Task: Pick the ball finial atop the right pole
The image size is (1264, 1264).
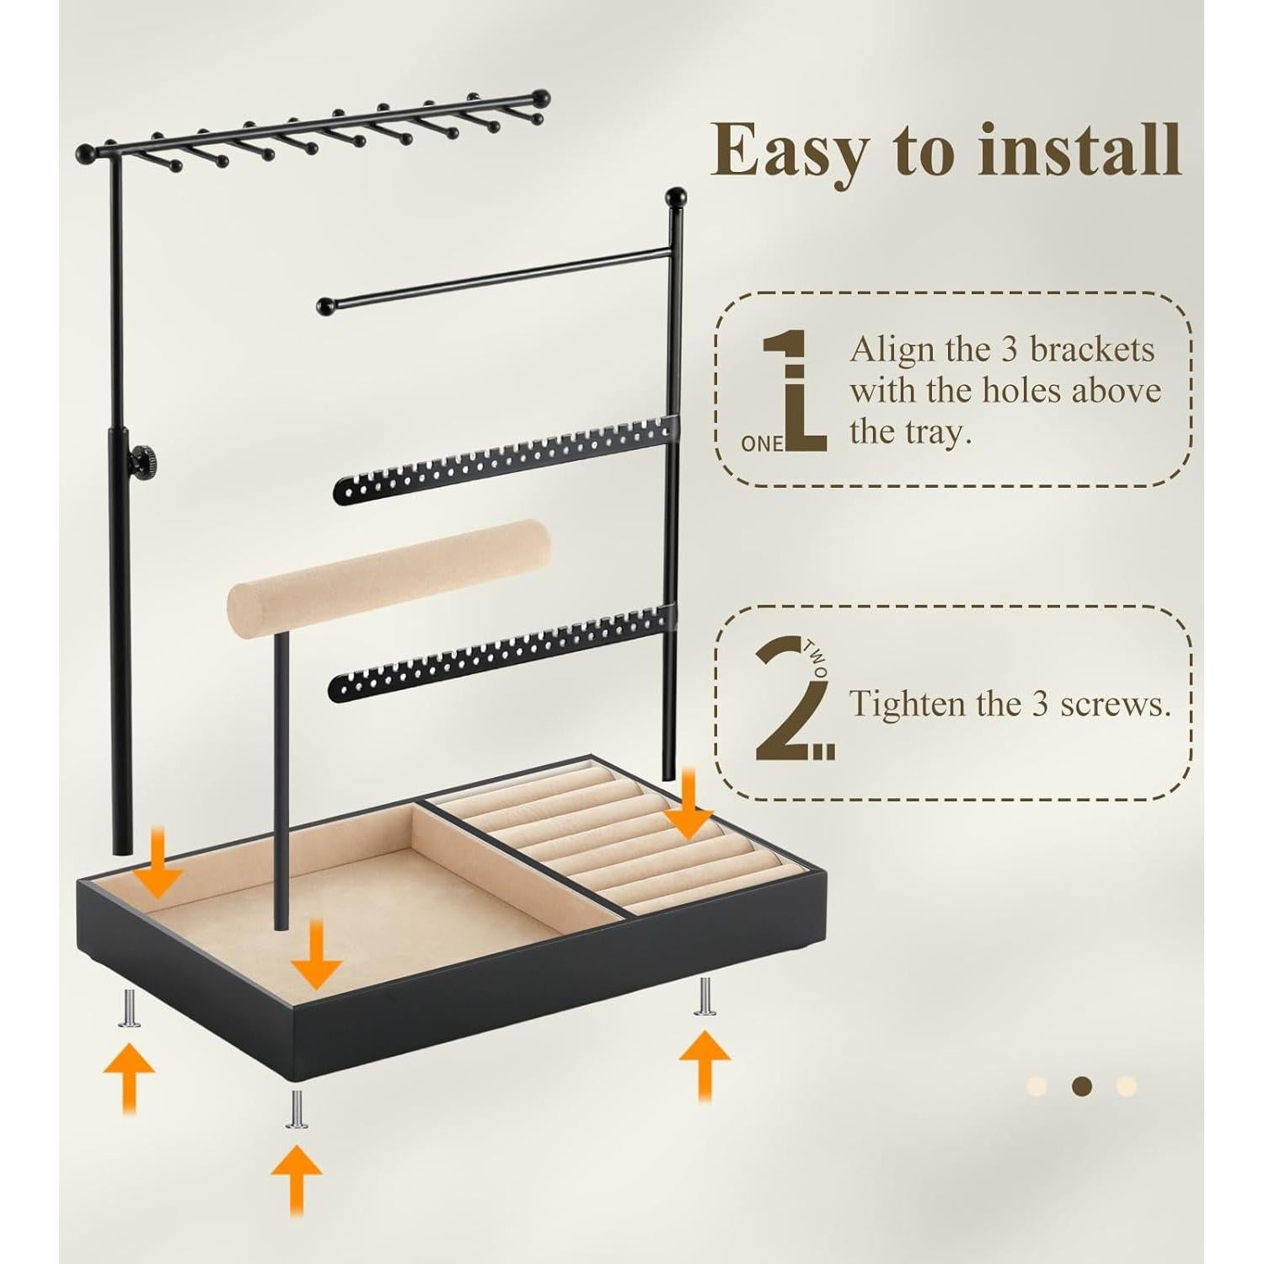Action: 676,199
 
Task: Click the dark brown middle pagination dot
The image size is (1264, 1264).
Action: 1082,1085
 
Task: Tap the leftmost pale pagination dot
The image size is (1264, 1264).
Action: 1037,1085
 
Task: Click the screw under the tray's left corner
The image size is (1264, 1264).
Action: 128,1008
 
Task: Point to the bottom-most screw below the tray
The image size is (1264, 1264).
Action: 297,1108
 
